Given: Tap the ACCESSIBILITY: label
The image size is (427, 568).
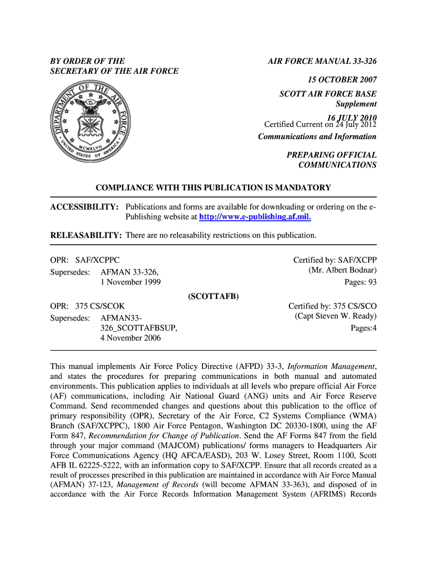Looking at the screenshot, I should pos(84,207).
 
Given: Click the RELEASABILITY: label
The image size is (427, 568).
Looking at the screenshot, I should pos(86,236).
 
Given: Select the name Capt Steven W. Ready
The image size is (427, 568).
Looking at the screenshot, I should pos(335,316).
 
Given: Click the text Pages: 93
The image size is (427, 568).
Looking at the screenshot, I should pos(360,282).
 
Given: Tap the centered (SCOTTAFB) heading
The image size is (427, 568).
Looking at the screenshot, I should pos(213,296).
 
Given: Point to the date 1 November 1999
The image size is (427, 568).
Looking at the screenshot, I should pos(131,282).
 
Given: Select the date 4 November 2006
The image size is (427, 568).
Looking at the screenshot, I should pos(131,338).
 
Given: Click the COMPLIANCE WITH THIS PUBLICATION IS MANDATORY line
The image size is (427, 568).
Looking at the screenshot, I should pos(213,188).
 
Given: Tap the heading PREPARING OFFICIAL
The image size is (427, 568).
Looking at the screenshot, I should pos(331,155).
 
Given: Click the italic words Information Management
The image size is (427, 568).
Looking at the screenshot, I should pos(331,366).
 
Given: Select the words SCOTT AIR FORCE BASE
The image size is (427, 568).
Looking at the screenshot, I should pos(328,94).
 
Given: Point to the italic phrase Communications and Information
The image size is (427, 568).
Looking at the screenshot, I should pos(317,137).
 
